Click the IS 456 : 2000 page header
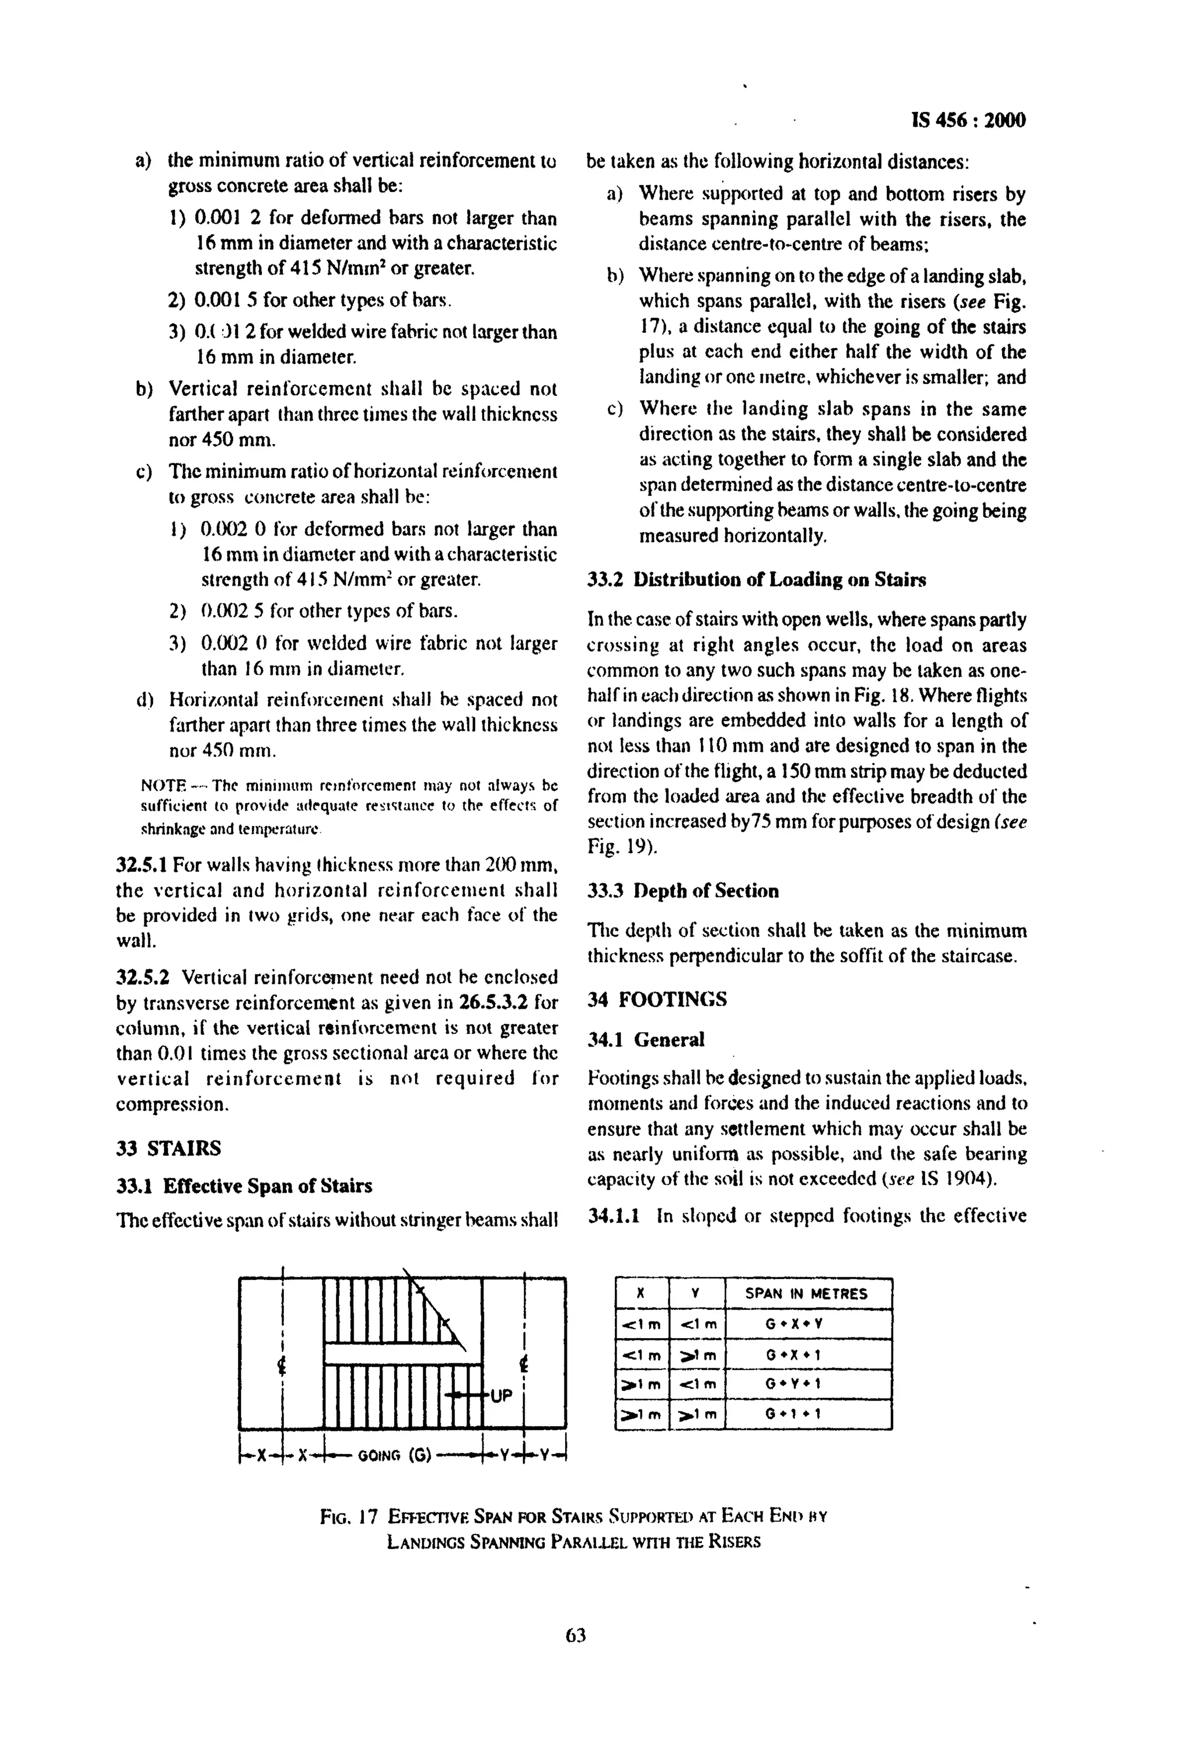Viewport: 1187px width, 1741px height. (968, 121)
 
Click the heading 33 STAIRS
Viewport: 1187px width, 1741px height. (169, 1148)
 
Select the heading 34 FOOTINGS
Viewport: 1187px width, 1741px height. (657, 999)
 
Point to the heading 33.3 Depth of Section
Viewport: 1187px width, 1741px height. (683, 891)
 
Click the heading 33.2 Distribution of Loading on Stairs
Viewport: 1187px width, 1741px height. (756, 580)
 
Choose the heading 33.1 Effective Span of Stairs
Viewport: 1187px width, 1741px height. (244, 1186)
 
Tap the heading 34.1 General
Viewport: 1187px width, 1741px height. (646, 1040)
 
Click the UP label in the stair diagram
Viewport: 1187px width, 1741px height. (501, 1395)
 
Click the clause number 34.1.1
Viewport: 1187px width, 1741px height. (613, 1215)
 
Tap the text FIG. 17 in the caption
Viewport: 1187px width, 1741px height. (348, 1517)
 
